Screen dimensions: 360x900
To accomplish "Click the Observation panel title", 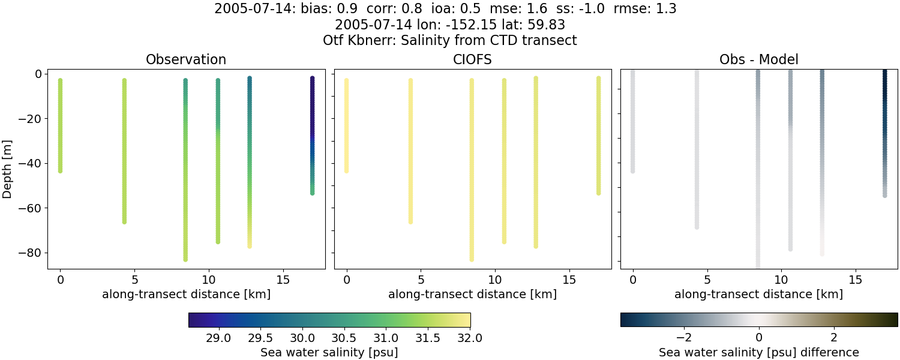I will [186, 60].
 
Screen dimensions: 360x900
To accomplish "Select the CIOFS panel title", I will [472, 60].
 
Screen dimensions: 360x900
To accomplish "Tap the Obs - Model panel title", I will [758, 60].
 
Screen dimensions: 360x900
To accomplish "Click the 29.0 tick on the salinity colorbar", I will [218, 337].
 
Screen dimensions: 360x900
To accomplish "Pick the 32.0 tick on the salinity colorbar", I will [470, 337].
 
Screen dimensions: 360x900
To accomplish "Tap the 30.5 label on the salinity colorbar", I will [344, 337].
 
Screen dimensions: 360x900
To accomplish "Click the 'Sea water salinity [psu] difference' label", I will [758, 352].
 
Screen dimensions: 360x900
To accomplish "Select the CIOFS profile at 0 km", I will [346, 126].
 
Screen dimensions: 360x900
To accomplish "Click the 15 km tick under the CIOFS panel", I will [569, 280].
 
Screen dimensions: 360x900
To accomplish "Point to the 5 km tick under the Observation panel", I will [134, 280].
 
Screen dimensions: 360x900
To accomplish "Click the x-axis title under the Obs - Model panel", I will [758, 295].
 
